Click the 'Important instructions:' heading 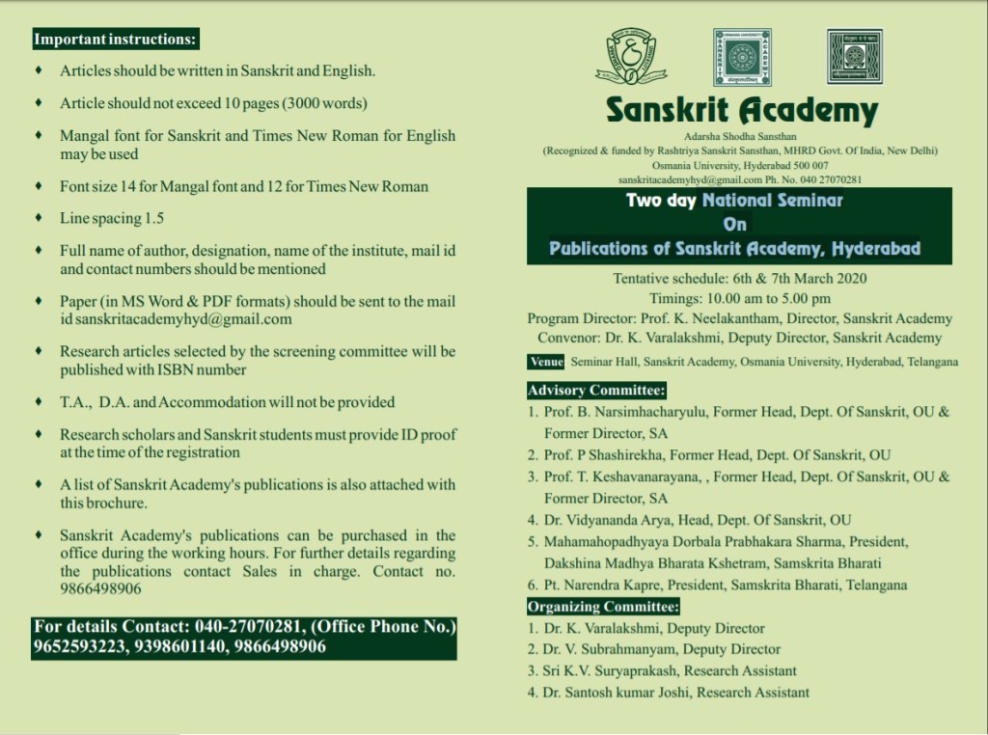click(115, 41)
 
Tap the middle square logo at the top click(742, 57)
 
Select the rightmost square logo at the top click(854, 57)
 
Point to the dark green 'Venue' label click(546, 362)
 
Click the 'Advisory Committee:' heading click(597, 391)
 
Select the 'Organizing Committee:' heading click(603, 607)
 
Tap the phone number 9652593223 click(79, 647)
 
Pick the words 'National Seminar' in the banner click(772, 201)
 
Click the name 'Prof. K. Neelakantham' click(684, 318)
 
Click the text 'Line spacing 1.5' click(112, 219)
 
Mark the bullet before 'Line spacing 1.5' click(38, 219)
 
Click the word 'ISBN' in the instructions click(178, 369)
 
